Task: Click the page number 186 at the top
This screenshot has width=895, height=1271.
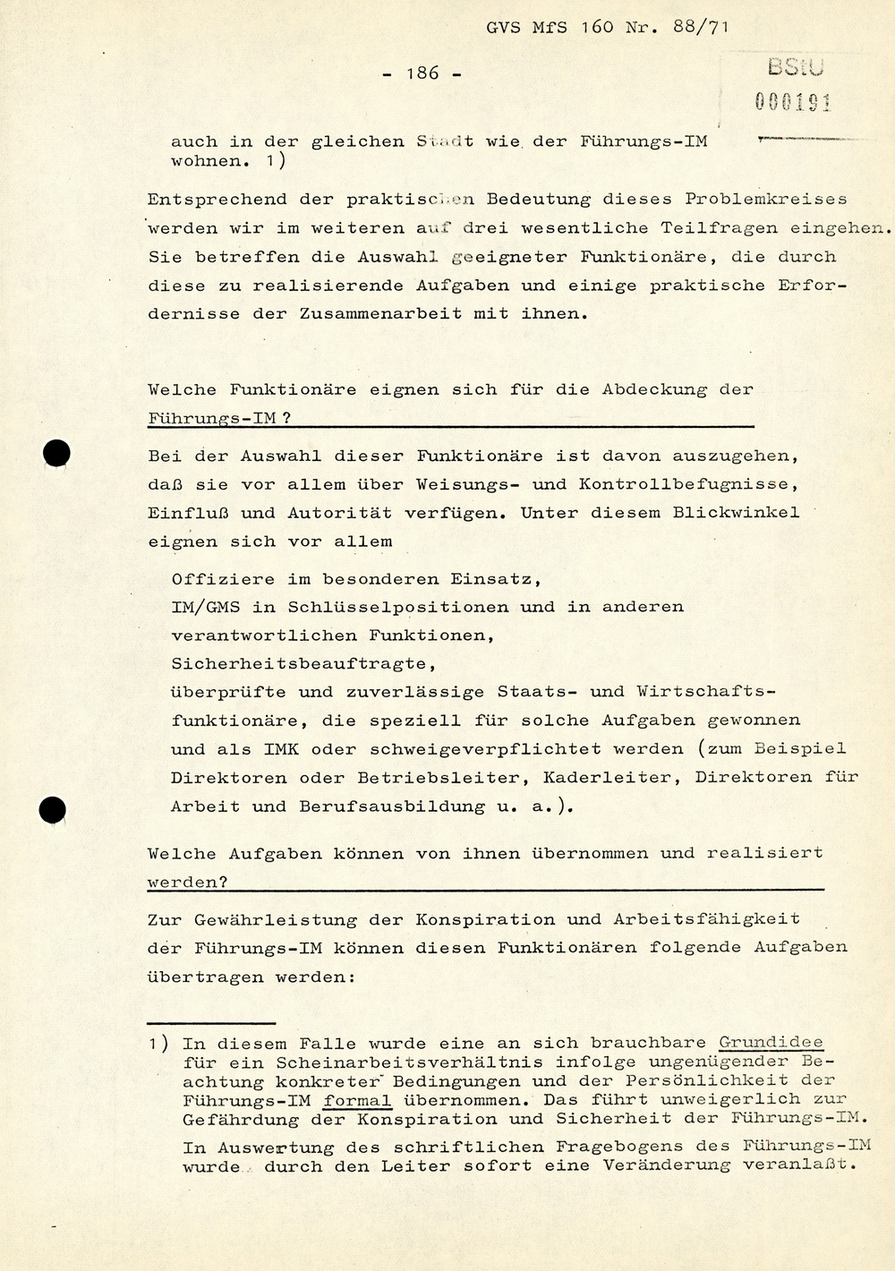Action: [x=422, y=73]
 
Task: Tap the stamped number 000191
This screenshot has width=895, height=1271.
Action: [x=793, y=102]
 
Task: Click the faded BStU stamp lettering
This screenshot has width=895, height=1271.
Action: [x=796, y=67]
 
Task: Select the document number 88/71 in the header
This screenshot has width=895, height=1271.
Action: [x=701, y=27]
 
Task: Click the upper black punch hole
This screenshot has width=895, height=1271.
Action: [x=56, y=454]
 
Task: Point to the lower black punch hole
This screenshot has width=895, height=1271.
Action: [x=53, y=811]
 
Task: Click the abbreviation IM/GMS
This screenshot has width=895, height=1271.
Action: [x=206, y=607]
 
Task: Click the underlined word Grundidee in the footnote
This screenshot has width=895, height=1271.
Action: [x=771, y=1043]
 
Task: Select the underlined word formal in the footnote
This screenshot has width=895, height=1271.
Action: [x=357, y=1101]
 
